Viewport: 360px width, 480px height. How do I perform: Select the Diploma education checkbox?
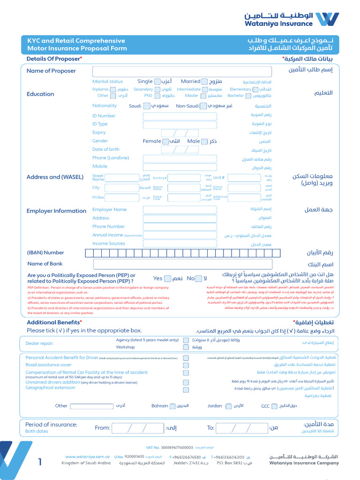pyautogui.click(x=112, y=90)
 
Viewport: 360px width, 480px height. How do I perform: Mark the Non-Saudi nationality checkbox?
pyautogui.click(x=203, y=106)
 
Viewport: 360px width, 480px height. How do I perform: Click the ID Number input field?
pyautogui.click(x=180, y=116)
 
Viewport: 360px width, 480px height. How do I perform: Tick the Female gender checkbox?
pyautogui.click(x=165, y=141)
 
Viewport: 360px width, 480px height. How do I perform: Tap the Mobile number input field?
pyautogui.click(x=180, y=167)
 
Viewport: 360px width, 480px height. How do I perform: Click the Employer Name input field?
pyautogui.click(x=180, y=210)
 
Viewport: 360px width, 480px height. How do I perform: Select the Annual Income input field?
pyautogui.click(x=180, y=235)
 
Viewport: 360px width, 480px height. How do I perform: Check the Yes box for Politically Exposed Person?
pyautogui.click(x=168, y=278)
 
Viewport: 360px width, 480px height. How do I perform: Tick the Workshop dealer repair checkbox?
pyautogui.click(x=186, y=347)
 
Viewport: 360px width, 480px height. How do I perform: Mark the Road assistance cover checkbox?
pyautogui.click(x=186, y=365)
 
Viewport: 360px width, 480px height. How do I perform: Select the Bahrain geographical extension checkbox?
pyautogui.click(x=172, y=406)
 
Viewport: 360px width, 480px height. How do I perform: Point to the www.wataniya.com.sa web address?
pyautogui.click(x=87, y=457)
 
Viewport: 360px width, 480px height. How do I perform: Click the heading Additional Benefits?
pyautogui.click(x=54, y=322)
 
